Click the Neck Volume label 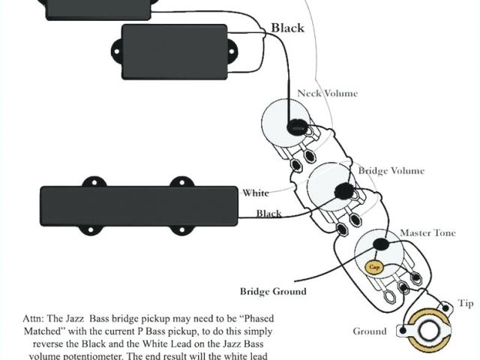click(327, 94)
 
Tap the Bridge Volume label click(391, 171)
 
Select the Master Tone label click(427, 233)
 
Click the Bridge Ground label click(274, 291)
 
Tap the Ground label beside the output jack click(370, 331)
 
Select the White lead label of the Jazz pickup click(255, 193)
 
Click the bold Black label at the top click(287, 28)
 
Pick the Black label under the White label click(269, 214)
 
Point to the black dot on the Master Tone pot click(382, 242)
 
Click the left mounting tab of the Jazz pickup click(93, 181)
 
